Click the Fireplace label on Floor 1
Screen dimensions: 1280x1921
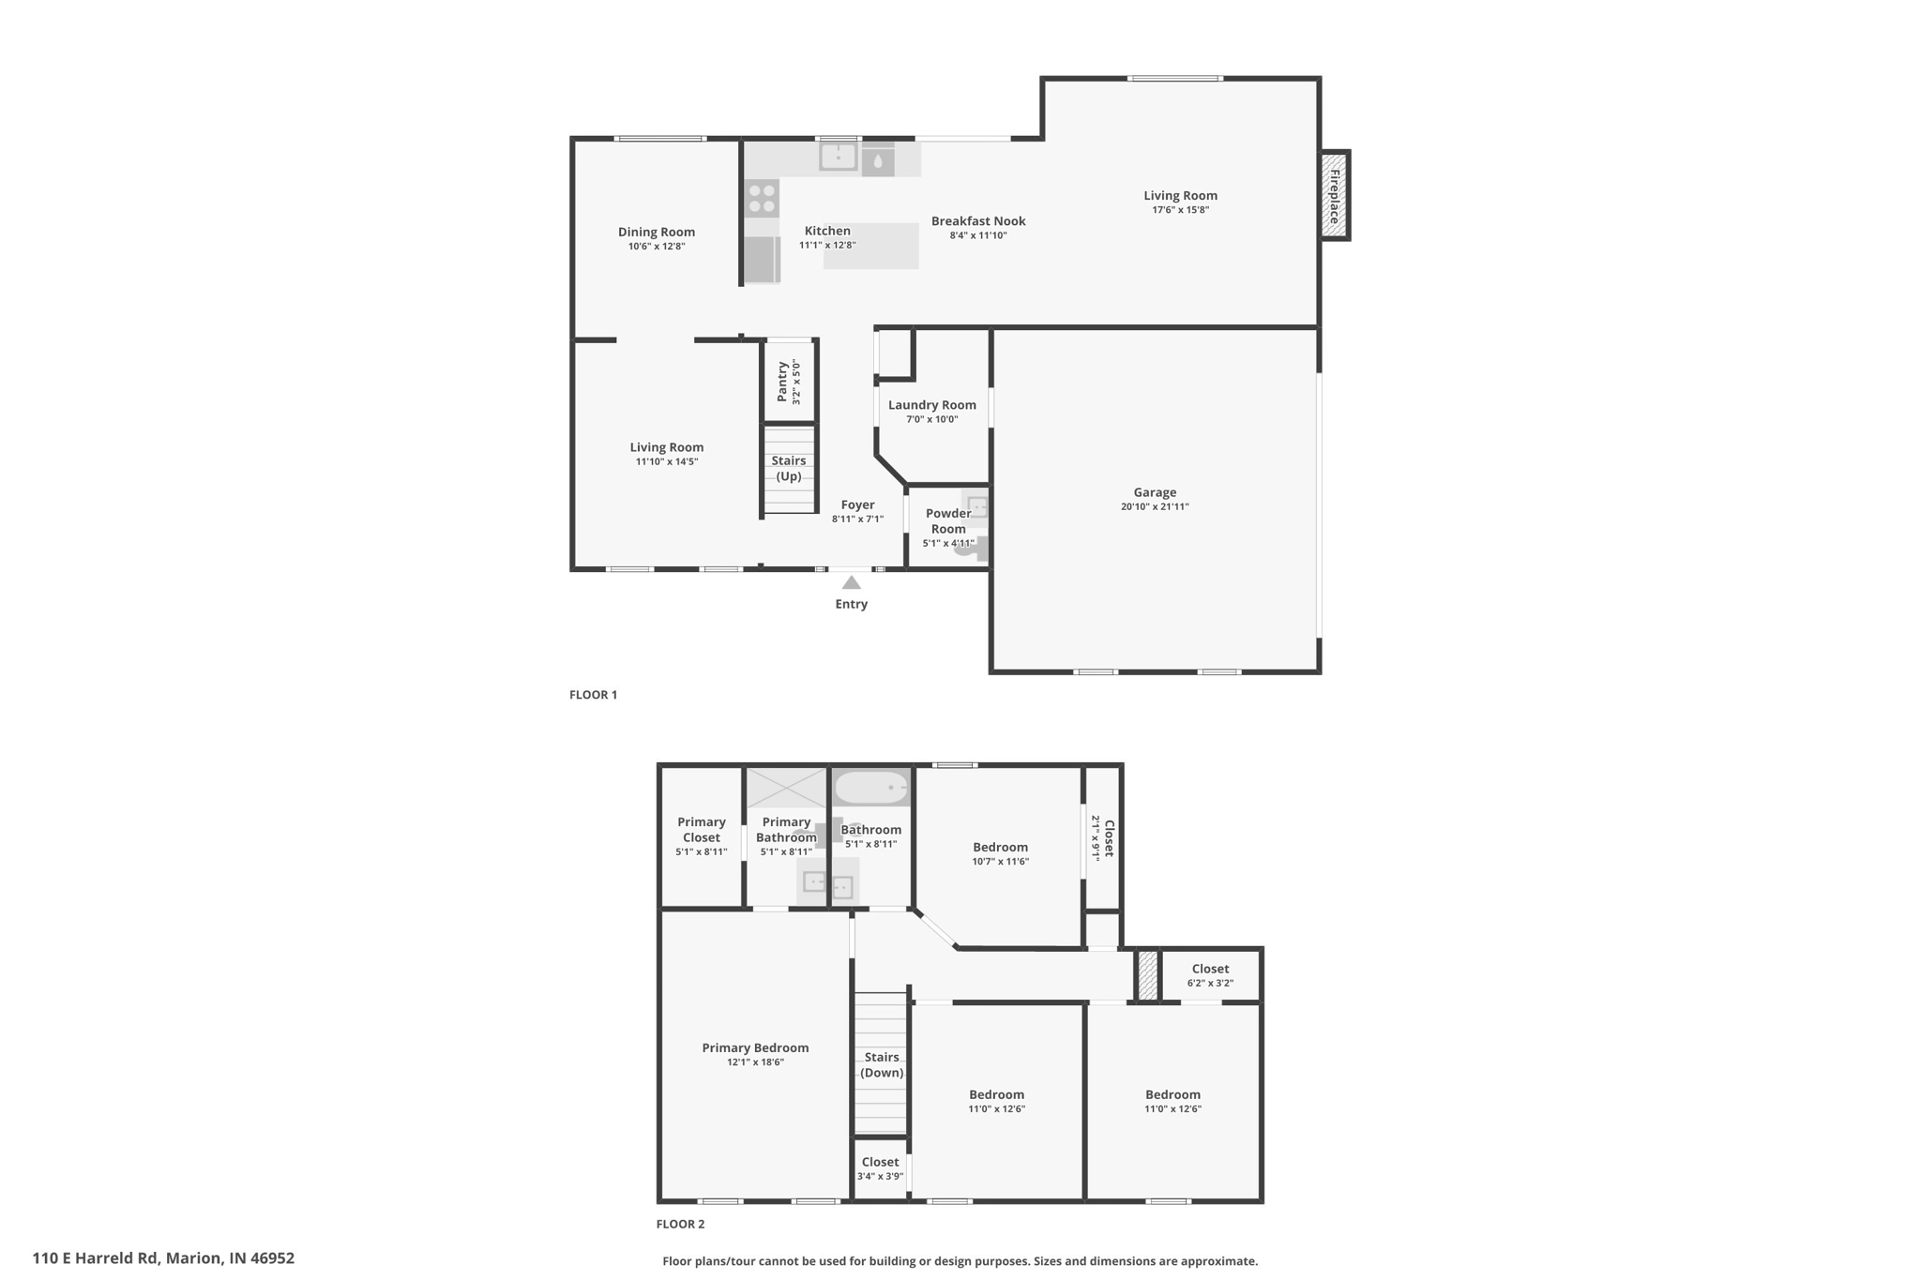[x=1334, y=196]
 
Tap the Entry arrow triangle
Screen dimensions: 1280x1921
[x=851, y=583]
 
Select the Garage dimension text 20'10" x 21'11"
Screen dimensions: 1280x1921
[x=1154, y=507]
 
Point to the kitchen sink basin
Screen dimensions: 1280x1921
[x=838, y=156]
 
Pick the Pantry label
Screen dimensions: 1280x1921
[x=782, y=382]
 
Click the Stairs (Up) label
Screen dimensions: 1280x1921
[x=788, y=468]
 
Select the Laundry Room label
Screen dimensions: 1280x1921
[x=931, y=405]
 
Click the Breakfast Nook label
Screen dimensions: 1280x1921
[x=977, y=221]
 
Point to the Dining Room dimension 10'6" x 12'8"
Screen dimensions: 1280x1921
[x=657, y=247]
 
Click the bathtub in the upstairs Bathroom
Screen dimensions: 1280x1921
[x=871, y=788]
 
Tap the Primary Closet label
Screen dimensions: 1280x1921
[x=701, y=829]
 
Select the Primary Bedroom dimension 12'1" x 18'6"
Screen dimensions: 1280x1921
[x=755, y=1062]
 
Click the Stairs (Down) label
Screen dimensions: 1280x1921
[x=881, y=1064]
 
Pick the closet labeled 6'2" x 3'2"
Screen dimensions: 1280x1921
[x=1209, y=975]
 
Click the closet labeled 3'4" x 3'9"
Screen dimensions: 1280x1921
[x=879, y=1168]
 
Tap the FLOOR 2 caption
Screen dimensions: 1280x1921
[x=680, y=1224]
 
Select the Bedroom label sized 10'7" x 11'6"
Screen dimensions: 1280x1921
[x=1000, y=847]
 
